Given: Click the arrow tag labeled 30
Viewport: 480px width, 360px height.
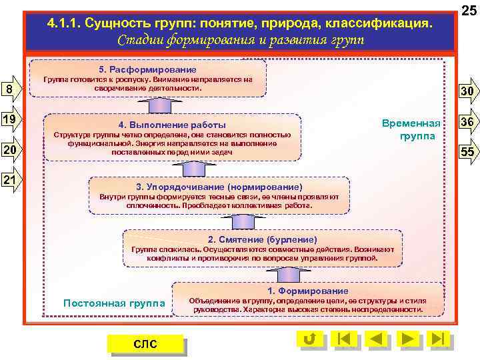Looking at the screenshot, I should pyautogui.click(x=467, y=92).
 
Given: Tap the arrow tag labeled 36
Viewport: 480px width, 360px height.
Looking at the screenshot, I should pyautogui.click(x=467, y=122).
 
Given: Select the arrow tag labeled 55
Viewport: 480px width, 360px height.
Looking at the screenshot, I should pyautogui.click(x=467, y=152).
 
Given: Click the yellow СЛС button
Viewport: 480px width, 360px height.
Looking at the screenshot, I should pyautogui.click(x=145, y=343).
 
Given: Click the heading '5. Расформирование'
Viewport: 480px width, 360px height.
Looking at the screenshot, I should pyautogui.click(x=148, y=69).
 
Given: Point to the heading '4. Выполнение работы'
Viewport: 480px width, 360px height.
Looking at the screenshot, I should pyautogui.click(x=172, y=125).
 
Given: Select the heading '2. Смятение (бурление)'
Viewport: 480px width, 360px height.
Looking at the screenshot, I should pyautogui.click(x=262, y=239).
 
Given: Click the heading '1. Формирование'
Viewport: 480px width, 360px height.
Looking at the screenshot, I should pyautogui.click(x=307, y=291).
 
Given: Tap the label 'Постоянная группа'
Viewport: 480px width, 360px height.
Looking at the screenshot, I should pyautogui.click(x=114, y=303).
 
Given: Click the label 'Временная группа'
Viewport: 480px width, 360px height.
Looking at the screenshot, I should pyautogui.click(x=411, y=130).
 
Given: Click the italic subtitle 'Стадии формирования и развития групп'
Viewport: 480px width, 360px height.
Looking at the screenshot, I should pyautogui.click(x=241, y=39).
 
